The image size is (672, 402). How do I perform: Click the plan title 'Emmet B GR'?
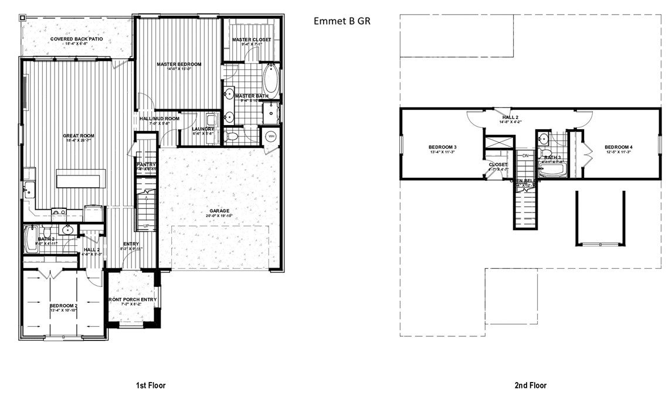pyautogui.click(x=342, y=21)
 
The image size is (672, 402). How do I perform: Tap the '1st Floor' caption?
pyautogui.click(x=151, y=386)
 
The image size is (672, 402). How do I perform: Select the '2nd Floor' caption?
pyautogui.click(x=531, y=386)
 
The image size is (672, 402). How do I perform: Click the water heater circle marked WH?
pyautogui.click(x=271, y=136)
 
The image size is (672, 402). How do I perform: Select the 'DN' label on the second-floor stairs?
pyautogui.click(x=526, y=156)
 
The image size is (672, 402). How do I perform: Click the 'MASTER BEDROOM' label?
pyautogui.click(x=179, y=64)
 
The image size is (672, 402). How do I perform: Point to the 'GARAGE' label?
pyautogui.click(x=220, y=211)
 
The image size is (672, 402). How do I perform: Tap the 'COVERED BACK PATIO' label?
pyautogui.click(x=77, y=39)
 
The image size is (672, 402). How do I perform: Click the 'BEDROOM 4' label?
pyautogui.click(x=603, y=147)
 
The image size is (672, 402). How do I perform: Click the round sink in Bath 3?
pyautogui.click(x=544, y=140)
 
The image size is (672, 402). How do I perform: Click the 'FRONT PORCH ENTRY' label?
pyautogui.click(x=132, y=300)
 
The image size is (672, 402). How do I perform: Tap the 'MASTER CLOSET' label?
pyautogui.click(x=252, y=40)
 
